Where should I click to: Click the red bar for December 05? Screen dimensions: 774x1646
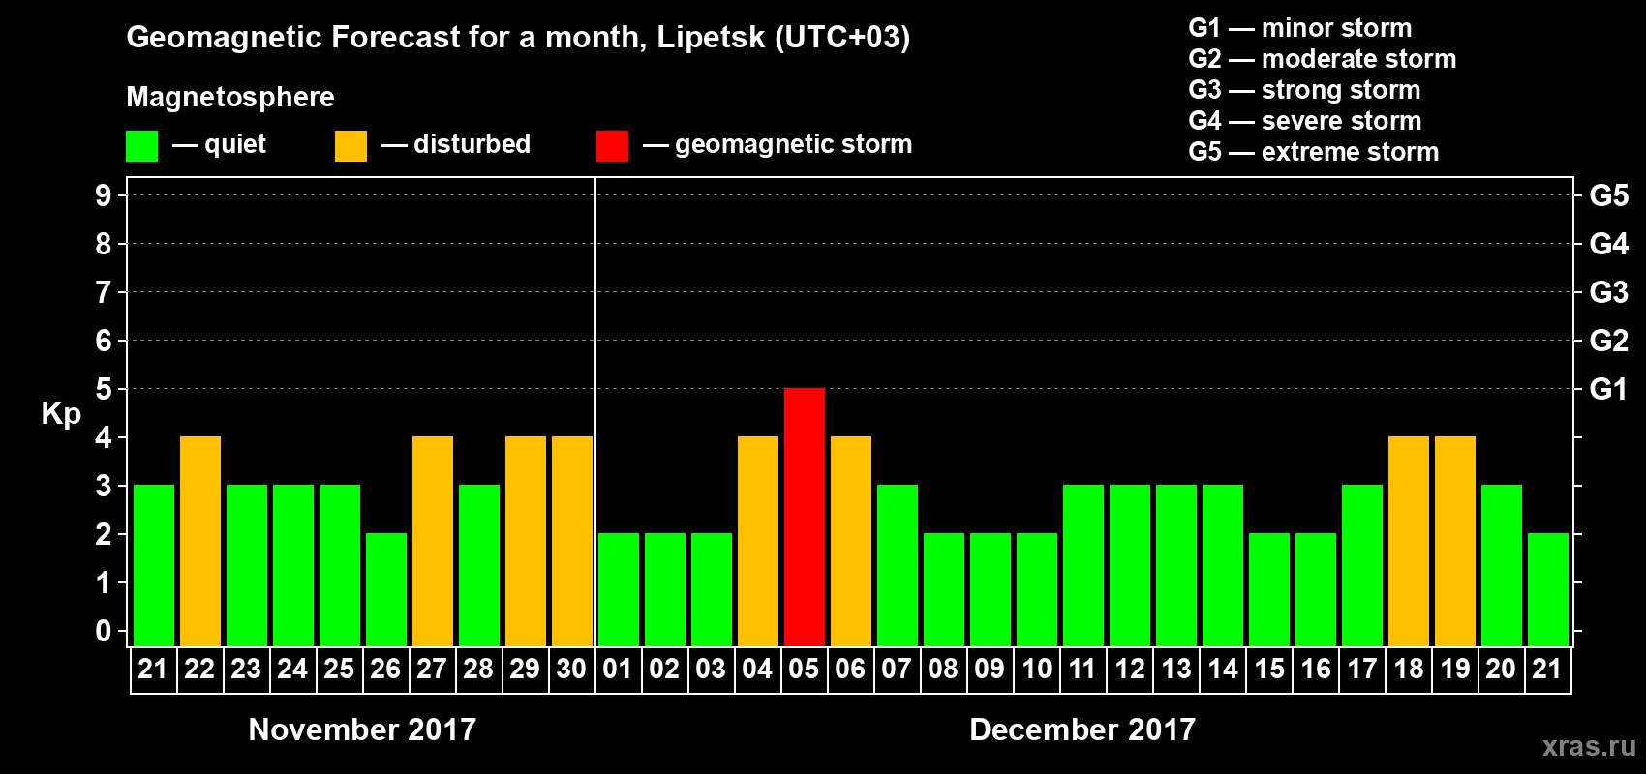(x=804, y=517)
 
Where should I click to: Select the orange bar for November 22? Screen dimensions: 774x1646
(x=200, y=541)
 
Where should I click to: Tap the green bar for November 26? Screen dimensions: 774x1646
(x=386, y=589)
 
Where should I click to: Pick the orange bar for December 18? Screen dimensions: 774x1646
(x=1409, y=541)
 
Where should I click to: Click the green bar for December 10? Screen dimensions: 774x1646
(x=1037, y=589)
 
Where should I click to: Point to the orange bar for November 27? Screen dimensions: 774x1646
(x=433, y=541)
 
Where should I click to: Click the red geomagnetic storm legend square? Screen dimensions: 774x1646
(x=612, y=146)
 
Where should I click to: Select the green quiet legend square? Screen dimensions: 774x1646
(x=141, y=146)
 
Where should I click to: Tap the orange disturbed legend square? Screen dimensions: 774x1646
(x=351, y=146)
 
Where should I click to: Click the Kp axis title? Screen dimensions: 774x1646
(x=61, y=413)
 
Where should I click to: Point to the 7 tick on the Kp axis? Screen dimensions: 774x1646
(x=104, y=292)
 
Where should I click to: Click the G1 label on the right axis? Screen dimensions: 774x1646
(x=1608, y=389)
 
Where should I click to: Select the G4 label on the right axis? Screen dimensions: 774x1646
(x=1608, y=244)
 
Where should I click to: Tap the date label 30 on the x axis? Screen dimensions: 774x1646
(x=571, y=669)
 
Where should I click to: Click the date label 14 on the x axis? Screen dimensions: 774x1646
(x=1223, y=669)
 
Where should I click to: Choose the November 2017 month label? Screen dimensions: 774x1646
(x=362, y=729)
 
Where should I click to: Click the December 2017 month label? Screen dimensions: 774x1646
(x=1082, y=729)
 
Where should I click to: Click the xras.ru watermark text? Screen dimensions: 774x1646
(x=1589, y=746)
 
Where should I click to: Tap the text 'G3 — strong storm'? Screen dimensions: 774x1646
(x=1304, y=90)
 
